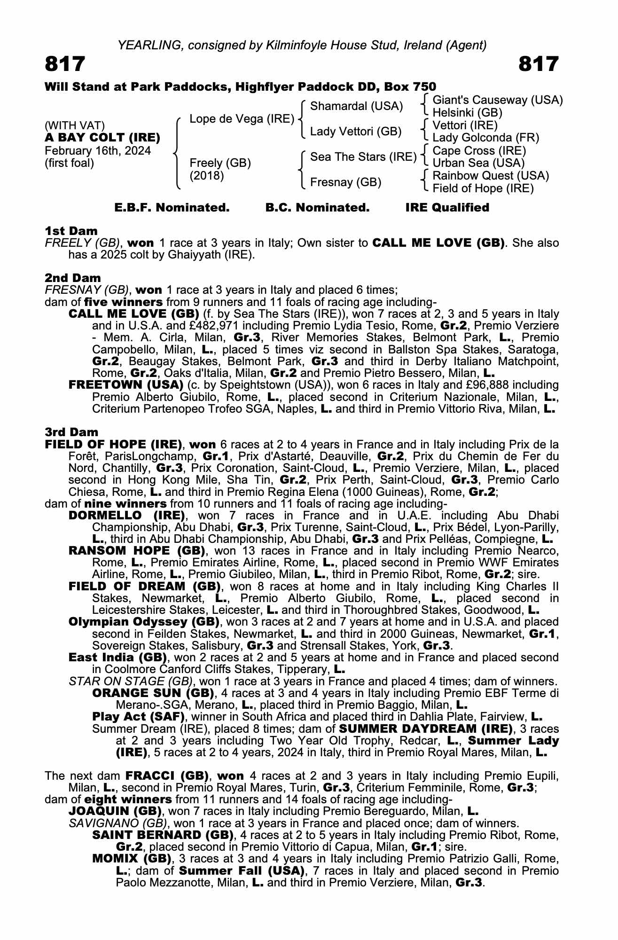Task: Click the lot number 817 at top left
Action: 65,64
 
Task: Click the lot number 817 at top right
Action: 539,64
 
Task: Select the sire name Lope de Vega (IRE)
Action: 242,119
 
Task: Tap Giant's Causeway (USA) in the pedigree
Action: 497,100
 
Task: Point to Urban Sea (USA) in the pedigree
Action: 478,163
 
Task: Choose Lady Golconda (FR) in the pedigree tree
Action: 485,138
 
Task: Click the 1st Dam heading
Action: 71,231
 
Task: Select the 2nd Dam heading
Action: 73,278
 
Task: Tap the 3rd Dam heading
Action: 72,432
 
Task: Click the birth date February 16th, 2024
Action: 98,151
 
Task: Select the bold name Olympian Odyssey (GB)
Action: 144,622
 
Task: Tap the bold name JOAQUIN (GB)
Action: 115,811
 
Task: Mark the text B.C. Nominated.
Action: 317,208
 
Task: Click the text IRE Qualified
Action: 447,208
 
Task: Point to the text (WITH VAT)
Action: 75,125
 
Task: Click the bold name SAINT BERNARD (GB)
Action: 163,835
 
